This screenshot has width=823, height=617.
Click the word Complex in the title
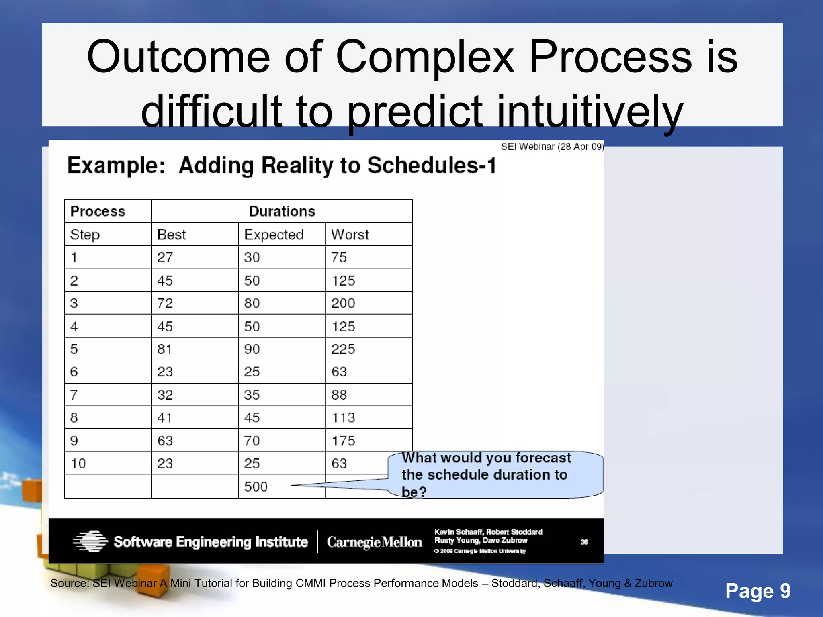[424, 57]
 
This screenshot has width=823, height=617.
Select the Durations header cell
[282, 211]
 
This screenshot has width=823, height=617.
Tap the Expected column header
[274, 235]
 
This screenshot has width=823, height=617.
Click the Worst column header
[350, 235]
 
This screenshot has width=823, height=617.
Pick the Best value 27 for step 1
[165, 257]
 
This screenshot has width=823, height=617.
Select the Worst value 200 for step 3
[343, 303]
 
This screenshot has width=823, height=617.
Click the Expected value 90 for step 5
[252, 349]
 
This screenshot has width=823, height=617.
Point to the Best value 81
[164, 349]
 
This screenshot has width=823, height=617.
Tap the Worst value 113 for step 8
[343, 418]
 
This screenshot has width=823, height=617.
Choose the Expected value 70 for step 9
[252, 441]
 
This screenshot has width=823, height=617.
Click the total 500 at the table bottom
[256, 487]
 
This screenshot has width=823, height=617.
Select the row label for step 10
[78, 464]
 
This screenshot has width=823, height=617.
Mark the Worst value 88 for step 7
[339, 395]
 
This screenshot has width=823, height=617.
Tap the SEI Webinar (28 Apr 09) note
[552, 147]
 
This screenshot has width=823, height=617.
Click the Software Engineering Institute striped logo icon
[91, 541]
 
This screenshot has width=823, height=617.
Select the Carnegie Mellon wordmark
[374, 542]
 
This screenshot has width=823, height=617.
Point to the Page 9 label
[757, 591]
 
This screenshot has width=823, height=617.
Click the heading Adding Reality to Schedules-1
[338, 165]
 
